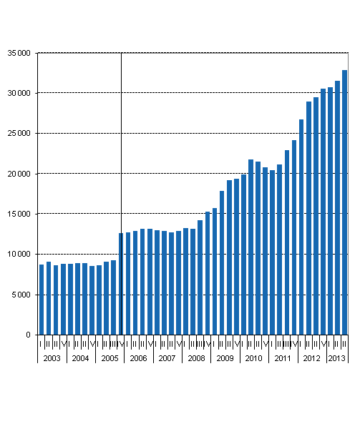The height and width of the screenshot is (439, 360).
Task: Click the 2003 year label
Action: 52,357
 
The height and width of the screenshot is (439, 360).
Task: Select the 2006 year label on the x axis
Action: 139,357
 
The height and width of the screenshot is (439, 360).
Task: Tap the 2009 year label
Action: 225,357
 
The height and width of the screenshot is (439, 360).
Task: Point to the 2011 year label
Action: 283,357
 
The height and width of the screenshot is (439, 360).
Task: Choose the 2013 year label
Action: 337,357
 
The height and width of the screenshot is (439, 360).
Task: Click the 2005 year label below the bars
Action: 110,357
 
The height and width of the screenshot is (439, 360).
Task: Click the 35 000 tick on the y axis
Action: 18,53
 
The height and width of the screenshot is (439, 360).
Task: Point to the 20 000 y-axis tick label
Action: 18,174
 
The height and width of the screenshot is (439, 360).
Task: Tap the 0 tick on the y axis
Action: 28,335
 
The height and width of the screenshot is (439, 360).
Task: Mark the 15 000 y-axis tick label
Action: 18,214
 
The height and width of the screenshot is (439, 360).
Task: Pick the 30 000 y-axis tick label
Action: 18,93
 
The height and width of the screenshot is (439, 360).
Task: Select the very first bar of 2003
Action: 42,300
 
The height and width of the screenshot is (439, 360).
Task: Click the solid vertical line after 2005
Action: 122,143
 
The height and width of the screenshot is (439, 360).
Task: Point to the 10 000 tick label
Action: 18,255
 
